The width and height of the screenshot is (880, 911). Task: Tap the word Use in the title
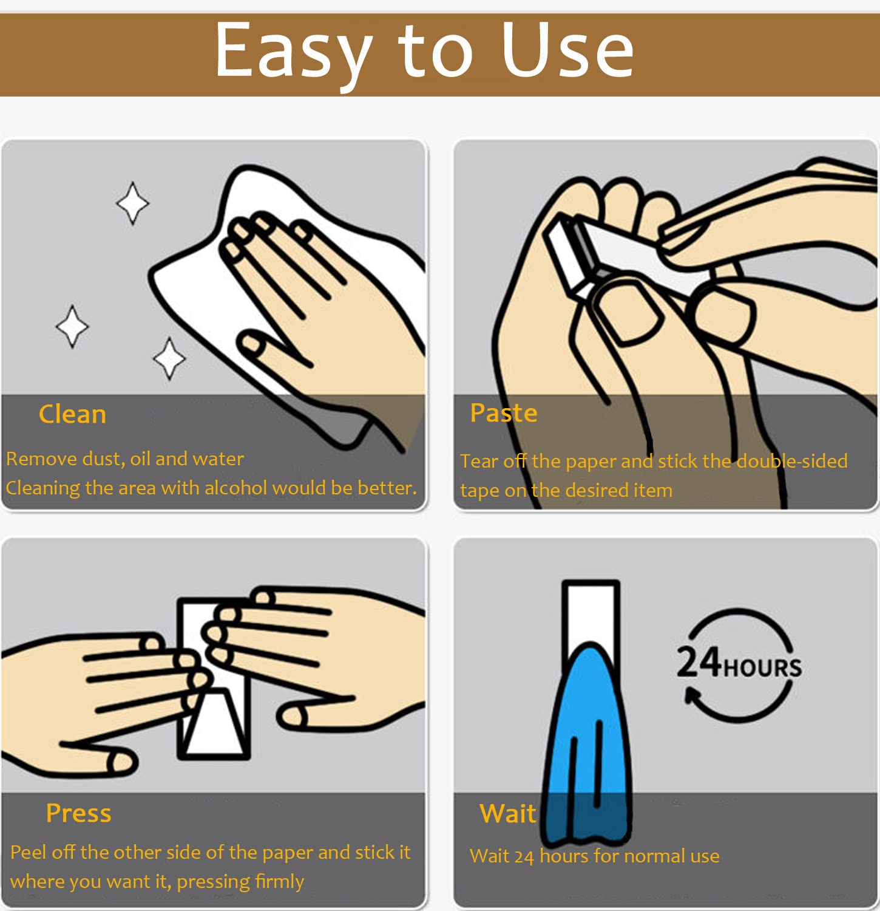coord(567,50)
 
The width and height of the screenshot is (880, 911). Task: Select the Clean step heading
coord(72,414)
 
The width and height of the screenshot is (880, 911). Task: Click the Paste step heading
coord(504,413)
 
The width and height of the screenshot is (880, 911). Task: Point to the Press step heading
coord(79,813)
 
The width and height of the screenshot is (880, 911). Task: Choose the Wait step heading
coord(508,813)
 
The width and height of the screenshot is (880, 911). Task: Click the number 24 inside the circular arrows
coord(699,662)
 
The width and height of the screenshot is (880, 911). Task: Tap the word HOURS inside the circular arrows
coord(762,668)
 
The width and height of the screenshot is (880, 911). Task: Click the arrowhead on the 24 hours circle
coord(694,694)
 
